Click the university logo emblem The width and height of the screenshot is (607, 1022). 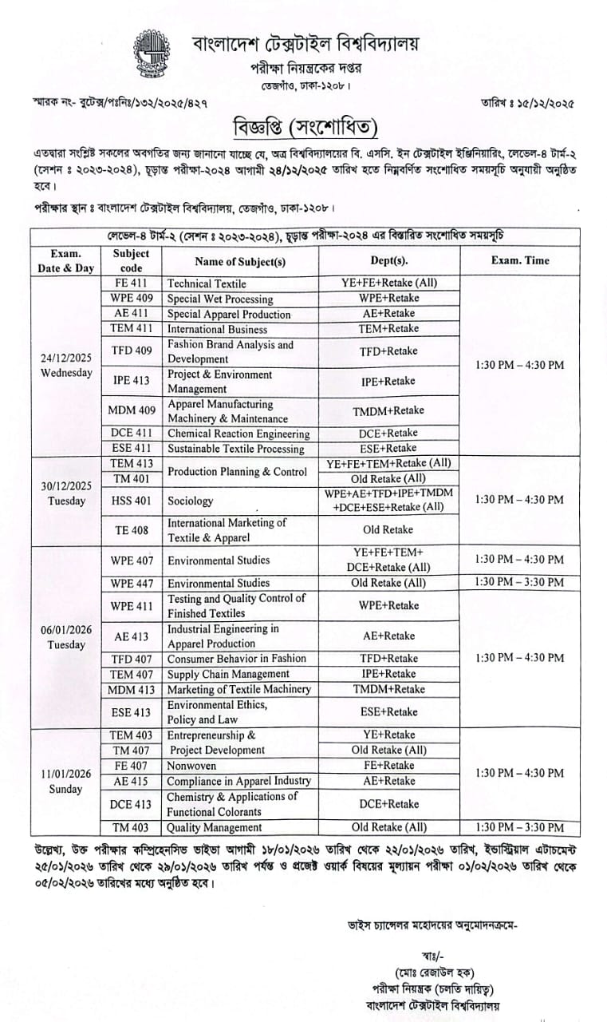point(152,55)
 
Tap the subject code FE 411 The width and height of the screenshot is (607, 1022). point(132,283)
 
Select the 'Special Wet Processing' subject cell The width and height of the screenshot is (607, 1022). point(220,299)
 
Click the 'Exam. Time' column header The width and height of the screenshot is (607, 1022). point(520,260)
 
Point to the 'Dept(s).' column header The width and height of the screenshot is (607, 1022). point(389,260)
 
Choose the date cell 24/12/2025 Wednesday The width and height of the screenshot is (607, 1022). point(66,365)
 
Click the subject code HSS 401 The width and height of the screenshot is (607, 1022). point(132,501)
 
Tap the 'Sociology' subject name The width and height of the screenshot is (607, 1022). point(191,501)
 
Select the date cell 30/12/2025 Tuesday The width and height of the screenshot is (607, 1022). point(66,493)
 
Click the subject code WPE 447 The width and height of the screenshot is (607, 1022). point(132,583)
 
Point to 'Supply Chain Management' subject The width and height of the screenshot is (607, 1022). point(227,674)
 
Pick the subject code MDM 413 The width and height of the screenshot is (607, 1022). point(132,689)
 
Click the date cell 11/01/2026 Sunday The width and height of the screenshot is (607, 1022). point(66,781)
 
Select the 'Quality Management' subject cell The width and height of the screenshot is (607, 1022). point(215,827)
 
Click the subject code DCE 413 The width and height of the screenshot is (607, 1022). point(132,804)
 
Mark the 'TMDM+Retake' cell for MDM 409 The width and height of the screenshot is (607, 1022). point(389,410)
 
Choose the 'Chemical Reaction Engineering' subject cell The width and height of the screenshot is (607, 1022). point(238,434)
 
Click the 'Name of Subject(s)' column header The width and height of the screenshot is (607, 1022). point(240,260)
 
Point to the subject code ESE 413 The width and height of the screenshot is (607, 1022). point(132,712)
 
